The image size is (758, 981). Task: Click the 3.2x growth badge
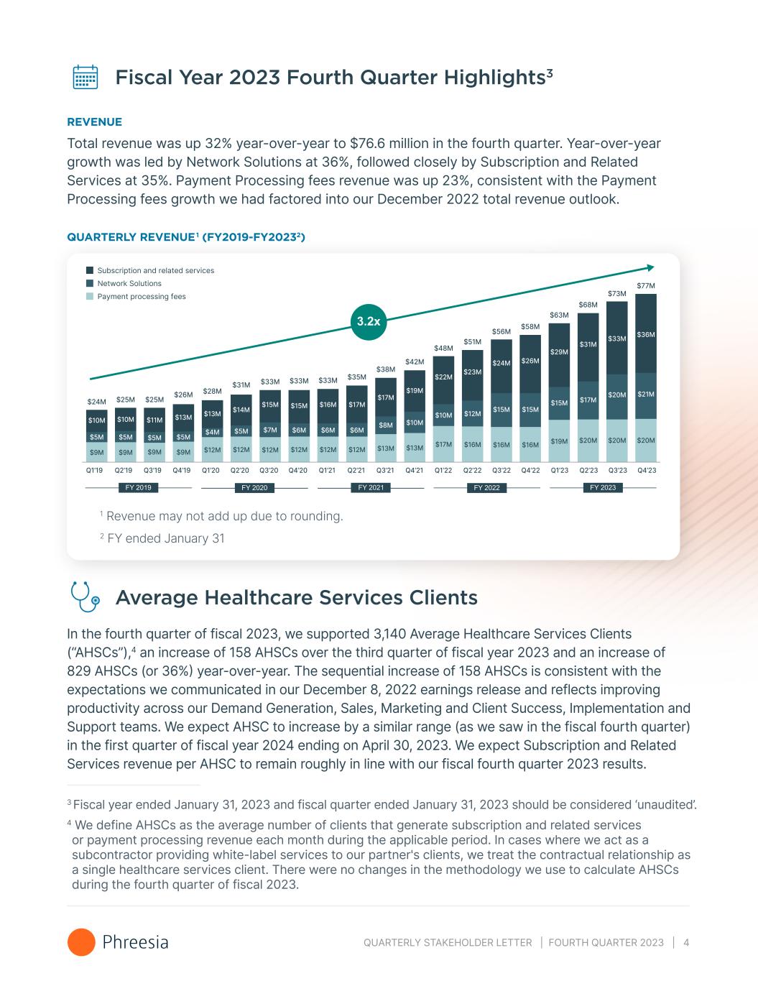click(369, 321)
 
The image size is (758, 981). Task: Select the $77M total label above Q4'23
click(646, 286)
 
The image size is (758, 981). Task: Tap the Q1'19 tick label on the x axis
click(94, 471)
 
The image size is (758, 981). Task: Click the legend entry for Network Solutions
click(129, 283)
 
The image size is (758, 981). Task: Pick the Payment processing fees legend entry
click(141, 296)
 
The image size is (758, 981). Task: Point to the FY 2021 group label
click(370, 488)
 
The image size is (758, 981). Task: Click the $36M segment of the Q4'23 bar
click(646, 335)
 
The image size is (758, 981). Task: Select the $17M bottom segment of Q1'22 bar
click(443, 444)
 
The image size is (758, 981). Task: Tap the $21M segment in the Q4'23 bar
click(646, 395)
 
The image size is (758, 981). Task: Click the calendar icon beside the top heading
click(85, 77)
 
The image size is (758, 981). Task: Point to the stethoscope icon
click(85, 597)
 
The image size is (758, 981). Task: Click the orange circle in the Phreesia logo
click(81, 942)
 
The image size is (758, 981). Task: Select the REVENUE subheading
click(94, 122)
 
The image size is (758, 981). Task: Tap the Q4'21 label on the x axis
click(414, 471)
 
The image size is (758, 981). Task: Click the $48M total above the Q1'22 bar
click(443, 349)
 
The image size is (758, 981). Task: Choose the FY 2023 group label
click(603, 488)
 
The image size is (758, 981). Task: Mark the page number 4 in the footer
click(687, 942)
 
